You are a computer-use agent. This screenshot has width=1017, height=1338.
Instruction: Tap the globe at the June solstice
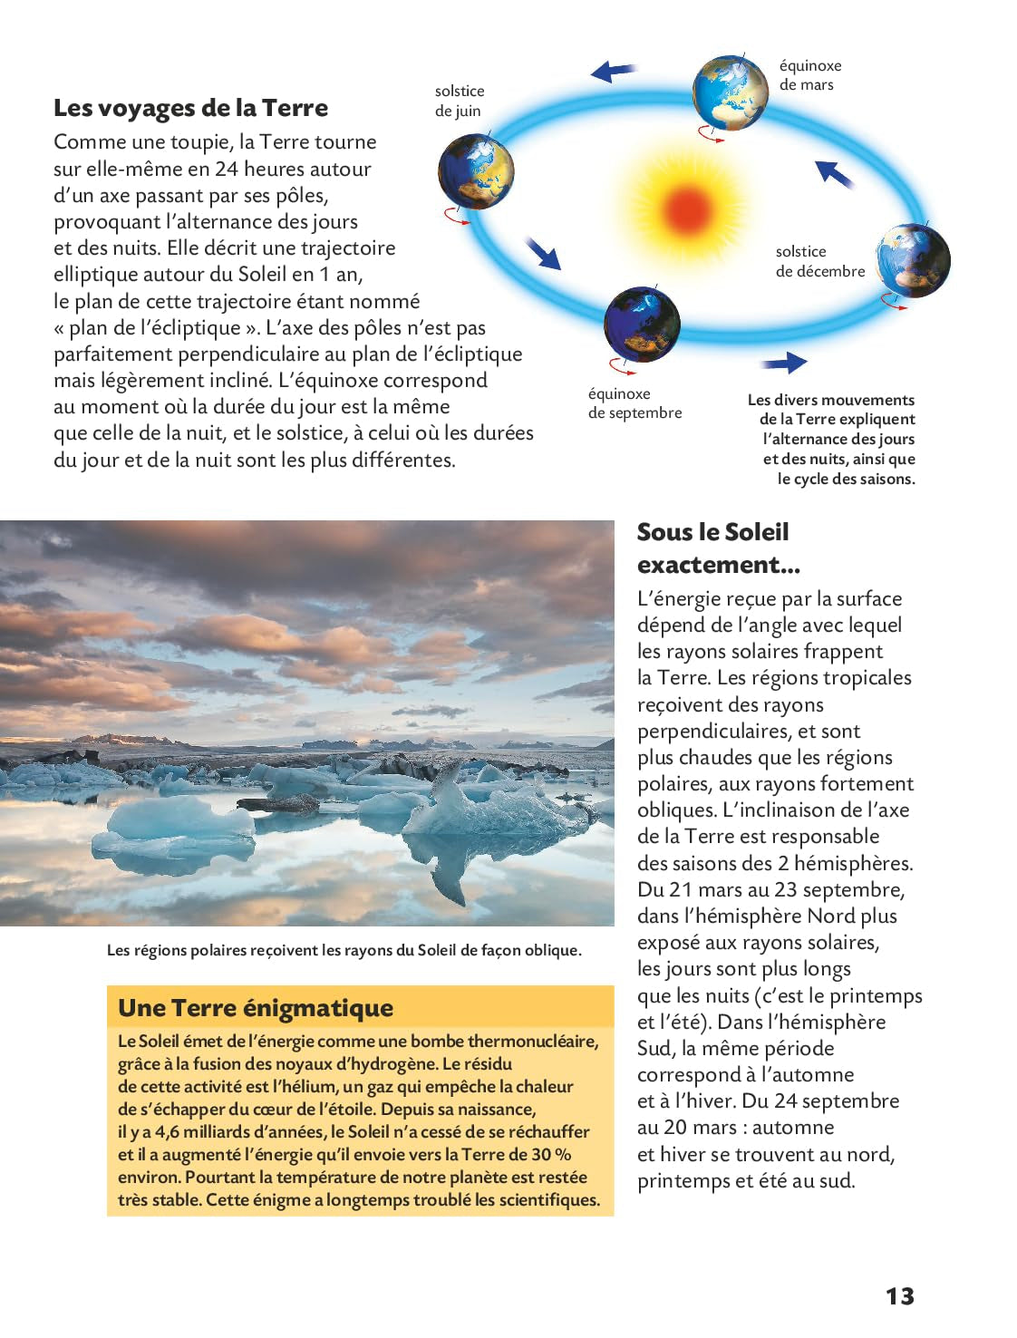tap(476, 171)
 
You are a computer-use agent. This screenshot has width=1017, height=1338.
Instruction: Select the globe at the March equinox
tap(730, 92)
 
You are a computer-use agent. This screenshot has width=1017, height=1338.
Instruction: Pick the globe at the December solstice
tap(914, 260)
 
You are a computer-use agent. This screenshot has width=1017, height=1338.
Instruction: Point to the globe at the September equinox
tap(642, 325)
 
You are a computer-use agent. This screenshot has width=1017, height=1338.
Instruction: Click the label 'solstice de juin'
tap(459, 101)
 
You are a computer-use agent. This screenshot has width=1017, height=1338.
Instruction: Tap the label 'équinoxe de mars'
tap(809, 75)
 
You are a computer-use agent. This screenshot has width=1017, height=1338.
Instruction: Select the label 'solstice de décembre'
tap(819, 261)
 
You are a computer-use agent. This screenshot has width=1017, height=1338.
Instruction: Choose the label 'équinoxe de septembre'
tap(634, 403)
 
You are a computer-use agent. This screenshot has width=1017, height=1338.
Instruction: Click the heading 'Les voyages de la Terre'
tap(190, 108)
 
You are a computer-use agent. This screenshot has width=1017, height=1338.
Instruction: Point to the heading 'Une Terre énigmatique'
tap(256, 1008)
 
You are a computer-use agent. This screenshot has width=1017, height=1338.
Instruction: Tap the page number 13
tap(899, 1296)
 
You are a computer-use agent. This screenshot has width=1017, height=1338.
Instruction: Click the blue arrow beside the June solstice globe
tap(544, 253)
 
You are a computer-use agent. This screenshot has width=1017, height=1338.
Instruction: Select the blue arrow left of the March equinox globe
tap(614, 71)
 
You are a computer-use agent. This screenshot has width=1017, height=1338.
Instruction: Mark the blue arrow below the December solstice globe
tap(784, 363)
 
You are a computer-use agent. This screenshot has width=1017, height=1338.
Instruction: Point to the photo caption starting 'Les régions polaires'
tap(344, 950)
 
